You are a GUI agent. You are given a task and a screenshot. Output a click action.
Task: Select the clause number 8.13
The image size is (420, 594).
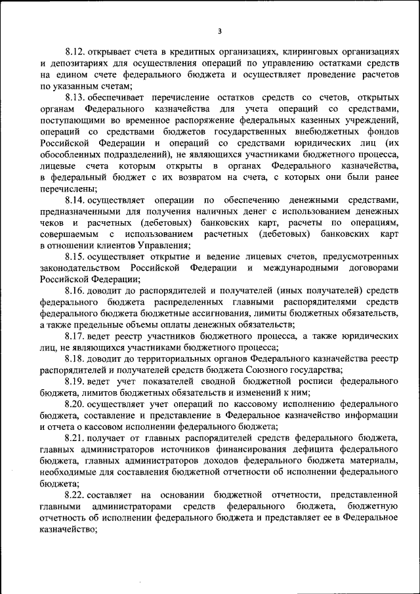tap(76, 97)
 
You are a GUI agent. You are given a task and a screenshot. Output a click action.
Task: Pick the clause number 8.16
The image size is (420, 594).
tap(76, 291)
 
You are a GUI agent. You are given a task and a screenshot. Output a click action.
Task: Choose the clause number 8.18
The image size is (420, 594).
tap(76, 360)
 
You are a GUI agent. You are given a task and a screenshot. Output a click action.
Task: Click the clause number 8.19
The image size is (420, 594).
tap(76, 383)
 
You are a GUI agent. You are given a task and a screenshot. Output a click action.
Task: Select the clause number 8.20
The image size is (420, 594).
tap(76, 405)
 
